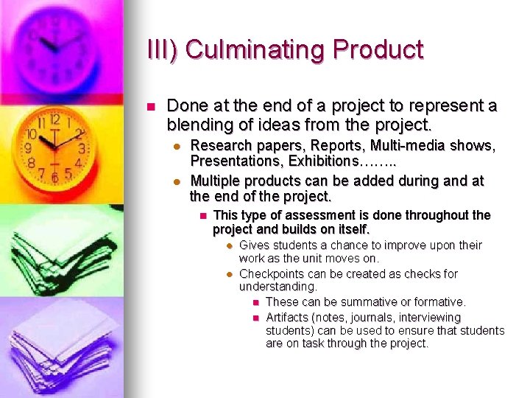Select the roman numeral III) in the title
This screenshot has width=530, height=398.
click(163, 49)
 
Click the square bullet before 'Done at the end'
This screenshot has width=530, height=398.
click(151, 107)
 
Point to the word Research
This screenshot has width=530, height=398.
click(219, 146)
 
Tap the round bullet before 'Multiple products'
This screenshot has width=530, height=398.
click(177, 181)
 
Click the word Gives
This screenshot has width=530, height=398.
click(254, 245)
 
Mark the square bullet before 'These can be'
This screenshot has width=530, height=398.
click(255, 302)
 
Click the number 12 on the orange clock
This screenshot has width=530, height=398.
click(54, 119)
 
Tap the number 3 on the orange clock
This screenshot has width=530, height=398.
click(82, 149)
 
